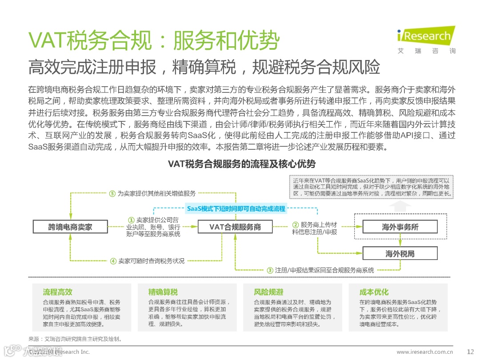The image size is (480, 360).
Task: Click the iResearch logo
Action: (x=425, y=39)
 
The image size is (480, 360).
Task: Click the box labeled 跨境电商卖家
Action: (x=70, y=227)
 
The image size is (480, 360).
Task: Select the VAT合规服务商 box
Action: (x=235, y=227)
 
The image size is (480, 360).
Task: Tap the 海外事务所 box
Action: (x=400, y=227)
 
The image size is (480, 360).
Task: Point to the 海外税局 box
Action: (x=400, y=254)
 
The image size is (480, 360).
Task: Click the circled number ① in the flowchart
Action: (x=131, y=220)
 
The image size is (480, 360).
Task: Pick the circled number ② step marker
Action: (x=295, y=224)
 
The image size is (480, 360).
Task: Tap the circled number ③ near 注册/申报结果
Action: (x=270, y=270)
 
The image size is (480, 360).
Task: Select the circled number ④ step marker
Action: (x=113, y=261)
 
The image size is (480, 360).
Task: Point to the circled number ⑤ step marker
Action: (x=113, y=193)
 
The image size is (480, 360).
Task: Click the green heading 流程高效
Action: (x=57, y=292)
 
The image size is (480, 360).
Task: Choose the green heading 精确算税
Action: (x=163, y=292)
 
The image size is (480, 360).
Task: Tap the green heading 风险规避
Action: (x=268, y=292)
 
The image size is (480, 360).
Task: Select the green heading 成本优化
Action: (x=374, y=292)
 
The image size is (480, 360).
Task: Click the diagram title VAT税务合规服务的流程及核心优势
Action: (x=242, y=164)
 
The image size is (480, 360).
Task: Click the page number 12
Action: (x=471, y=352)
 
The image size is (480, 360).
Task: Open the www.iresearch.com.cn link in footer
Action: (x=424, y=352)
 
